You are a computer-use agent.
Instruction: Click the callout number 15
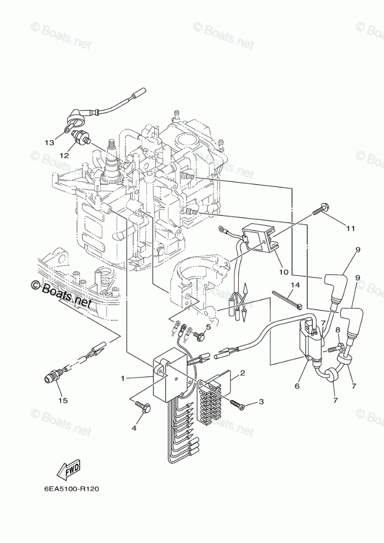pos(63,401)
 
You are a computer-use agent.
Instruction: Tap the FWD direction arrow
pos(68,469)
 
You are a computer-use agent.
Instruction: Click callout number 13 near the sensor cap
pos(49,142)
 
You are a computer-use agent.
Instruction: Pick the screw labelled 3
pos(238,403)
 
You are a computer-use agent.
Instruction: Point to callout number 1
pos(123,378)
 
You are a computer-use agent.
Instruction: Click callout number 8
pos(338,329)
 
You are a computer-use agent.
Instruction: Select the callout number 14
pos(295,285)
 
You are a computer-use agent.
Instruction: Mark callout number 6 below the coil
pos(297,386)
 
